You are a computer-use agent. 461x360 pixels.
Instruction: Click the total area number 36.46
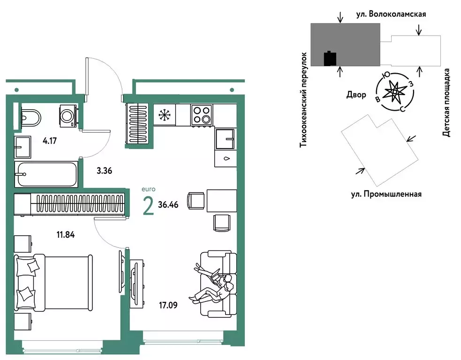pos(170,205)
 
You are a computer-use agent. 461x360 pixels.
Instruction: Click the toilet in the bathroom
pos(31,116)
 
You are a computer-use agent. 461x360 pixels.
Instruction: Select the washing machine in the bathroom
pos(68,114)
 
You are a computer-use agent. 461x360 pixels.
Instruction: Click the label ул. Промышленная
pos(386,194)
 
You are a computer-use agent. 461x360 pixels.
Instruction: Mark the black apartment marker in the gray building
pos(330,59)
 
